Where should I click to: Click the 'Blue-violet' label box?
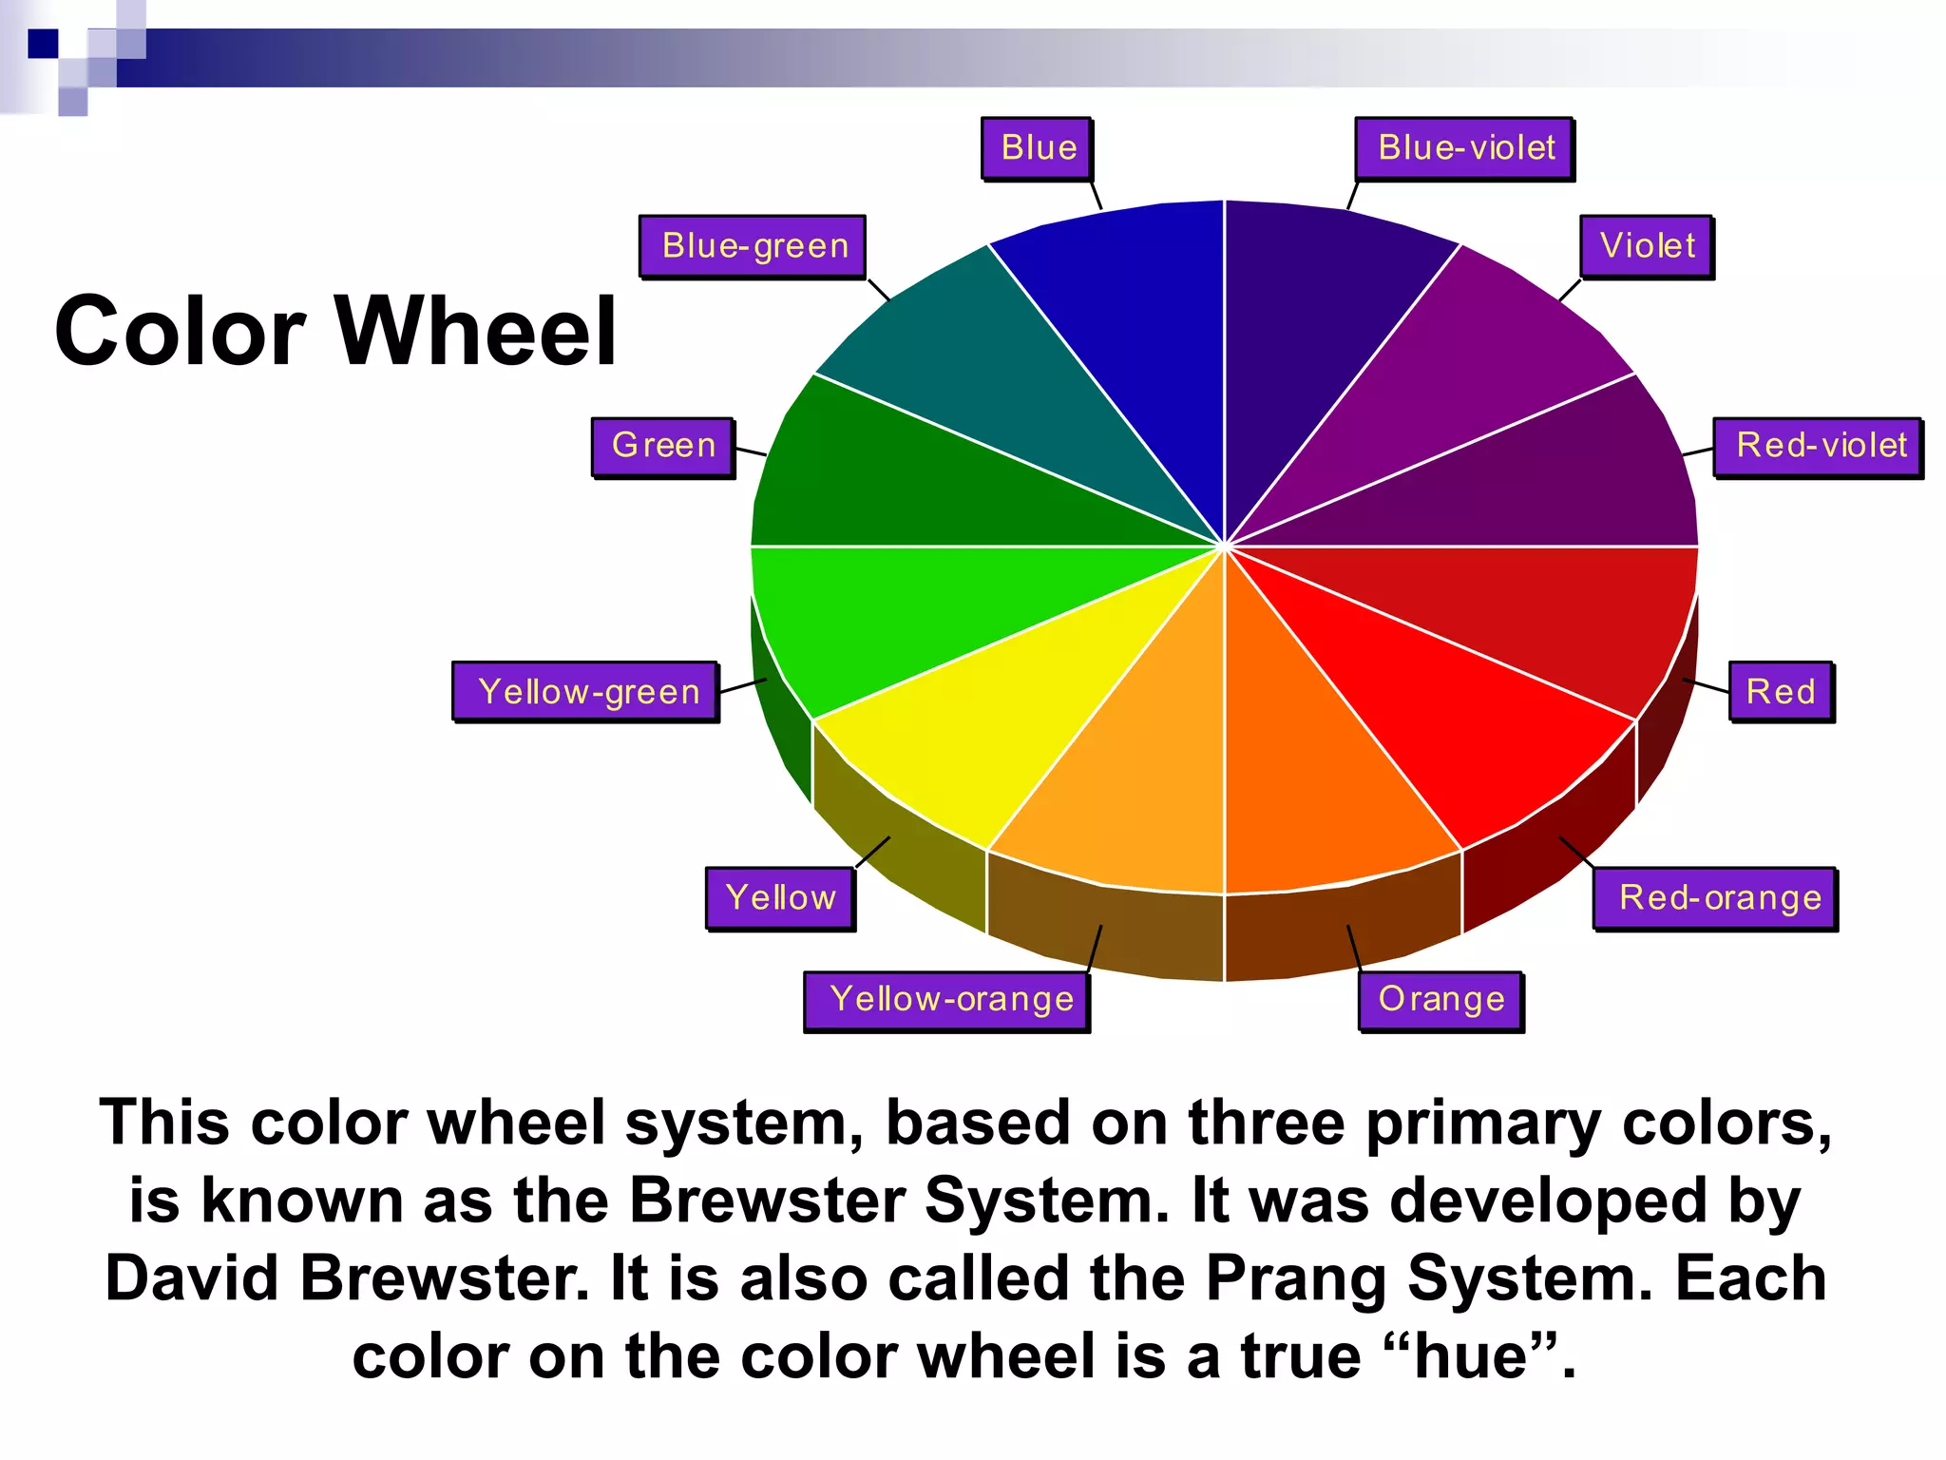coord(1464,148)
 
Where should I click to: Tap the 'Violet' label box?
coord(1647,246)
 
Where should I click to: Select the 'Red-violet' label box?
coord(1819,446)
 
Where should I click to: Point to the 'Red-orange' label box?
coord(1716,897)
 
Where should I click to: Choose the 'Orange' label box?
coord(1440,1000)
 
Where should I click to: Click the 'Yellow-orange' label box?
coord(947,1000)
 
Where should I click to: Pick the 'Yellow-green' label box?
coord(585,691)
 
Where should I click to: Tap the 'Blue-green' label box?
coord(753,246)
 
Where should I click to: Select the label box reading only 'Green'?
coord(662,446)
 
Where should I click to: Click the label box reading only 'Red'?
coord(1781,691)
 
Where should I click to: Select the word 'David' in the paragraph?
coord(192,1277)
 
